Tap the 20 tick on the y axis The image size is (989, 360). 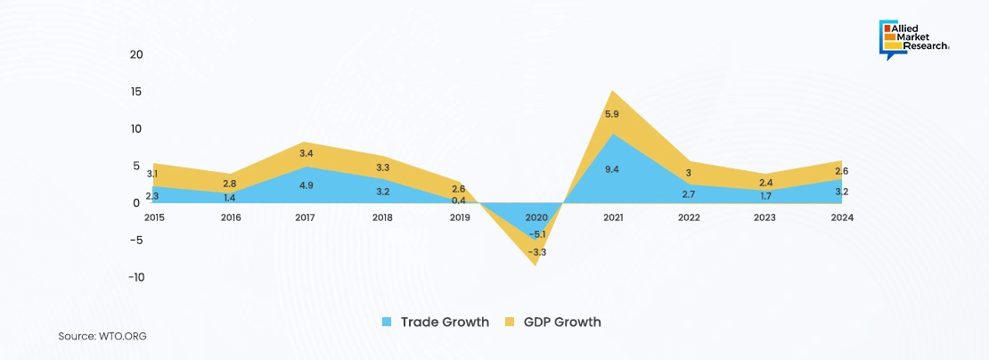tap(136, 54)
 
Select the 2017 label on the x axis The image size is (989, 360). tap(306, 217)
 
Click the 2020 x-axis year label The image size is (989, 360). tap(536, 217)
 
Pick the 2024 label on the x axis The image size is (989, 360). tap(843, 217)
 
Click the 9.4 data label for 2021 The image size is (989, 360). tap(612, 169)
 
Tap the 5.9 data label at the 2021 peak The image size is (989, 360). tap(612, 115)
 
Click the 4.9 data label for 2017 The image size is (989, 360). tap(306, 185)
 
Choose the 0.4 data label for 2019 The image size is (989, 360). tap(459, 200)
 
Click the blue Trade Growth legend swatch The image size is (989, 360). tap(387, 322)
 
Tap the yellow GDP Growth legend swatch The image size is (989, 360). tap(511, 322)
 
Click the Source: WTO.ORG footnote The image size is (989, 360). tap(102, 337)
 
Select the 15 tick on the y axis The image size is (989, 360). tap(136, 92)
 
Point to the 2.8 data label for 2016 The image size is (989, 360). tap(229, 183)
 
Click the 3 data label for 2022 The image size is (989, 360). tap(689, 173)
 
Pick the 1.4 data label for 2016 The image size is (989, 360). tap(229, 198)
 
